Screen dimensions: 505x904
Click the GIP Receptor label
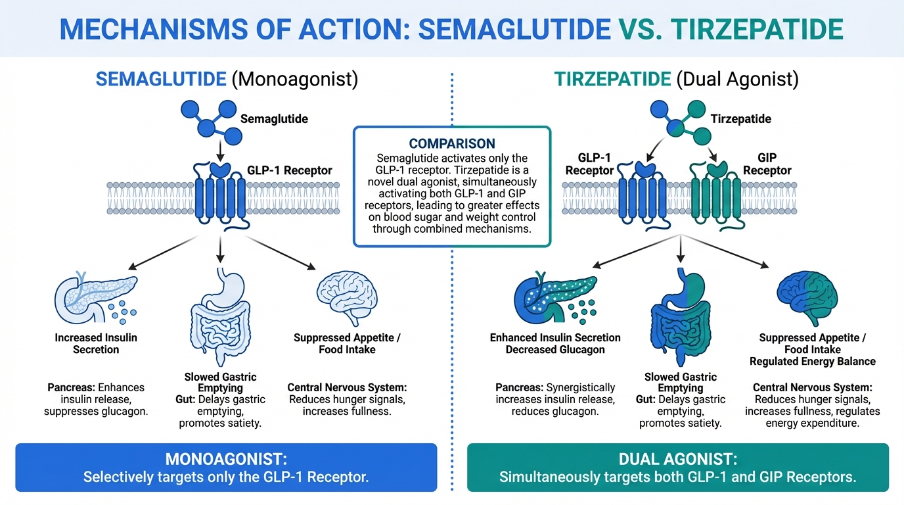[x=766, y=164]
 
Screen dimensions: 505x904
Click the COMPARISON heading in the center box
[x=452, y=143]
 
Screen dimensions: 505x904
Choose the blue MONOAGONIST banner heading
[x=226, y=458]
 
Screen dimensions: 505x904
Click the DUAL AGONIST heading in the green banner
[x=677, y=458]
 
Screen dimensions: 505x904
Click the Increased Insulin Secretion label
[x=96, y=343]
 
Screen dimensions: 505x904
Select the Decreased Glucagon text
[x=555, y=349]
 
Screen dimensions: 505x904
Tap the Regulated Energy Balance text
[x=813, y=361]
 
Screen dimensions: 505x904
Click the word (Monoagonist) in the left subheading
[x=294, y=80]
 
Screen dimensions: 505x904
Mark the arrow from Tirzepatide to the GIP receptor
[x=711, y=152]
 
